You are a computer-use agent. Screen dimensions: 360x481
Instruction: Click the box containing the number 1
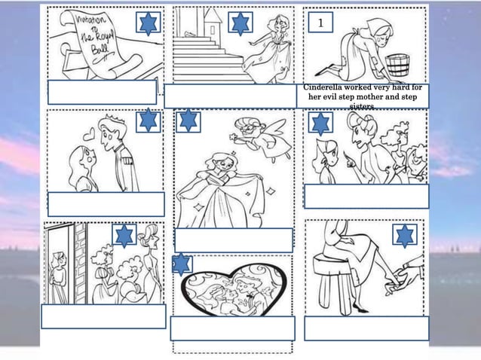pos(320,23)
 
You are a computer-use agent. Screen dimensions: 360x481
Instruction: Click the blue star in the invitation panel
pos(149,23)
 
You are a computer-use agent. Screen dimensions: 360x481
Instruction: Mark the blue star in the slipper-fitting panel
pos(405,236)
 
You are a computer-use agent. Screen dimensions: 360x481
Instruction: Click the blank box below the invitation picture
pos(102,92)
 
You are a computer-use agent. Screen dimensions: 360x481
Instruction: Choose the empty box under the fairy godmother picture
pos(233,239)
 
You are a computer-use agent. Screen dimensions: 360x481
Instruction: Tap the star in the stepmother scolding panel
pos(321,124)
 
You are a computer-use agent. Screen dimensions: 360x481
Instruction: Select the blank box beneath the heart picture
pos(232,328)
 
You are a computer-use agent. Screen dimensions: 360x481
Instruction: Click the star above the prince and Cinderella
pos(149,121)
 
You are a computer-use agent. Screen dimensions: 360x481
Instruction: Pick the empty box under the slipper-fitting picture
pos(366,328)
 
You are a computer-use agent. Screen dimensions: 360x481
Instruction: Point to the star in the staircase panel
pos(240,24)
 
